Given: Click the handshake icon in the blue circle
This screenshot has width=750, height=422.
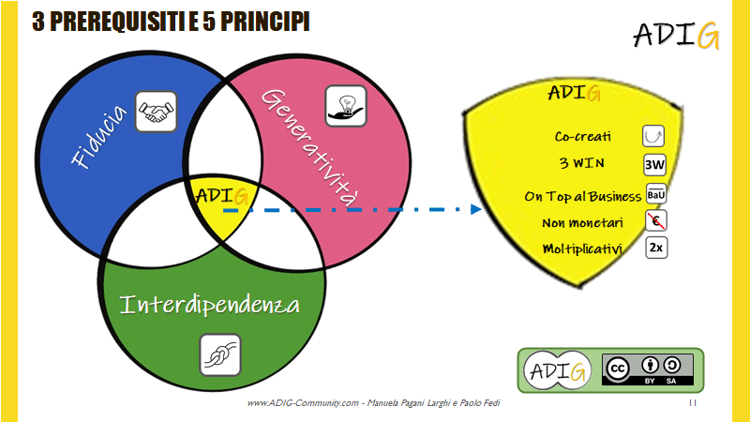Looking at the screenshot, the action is (157, 113).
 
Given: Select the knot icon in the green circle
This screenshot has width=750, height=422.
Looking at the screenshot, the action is (221, 355).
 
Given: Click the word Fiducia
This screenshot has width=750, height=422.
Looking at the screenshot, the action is (98, 142).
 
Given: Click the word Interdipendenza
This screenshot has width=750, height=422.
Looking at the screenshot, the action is (210, 306).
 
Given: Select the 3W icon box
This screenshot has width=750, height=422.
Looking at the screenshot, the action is (655, 166).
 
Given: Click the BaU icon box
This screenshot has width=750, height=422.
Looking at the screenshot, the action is (656, 195).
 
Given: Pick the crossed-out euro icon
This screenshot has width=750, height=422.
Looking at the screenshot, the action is (656, 221).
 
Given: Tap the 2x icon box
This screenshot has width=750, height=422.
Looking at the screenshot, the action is (656, 249).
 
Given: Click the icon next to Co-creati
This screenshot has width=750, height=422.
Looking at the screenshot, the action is (653, 135).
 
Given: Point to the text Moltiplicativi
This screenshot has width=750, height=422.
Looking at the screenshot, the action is (585, 249).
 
